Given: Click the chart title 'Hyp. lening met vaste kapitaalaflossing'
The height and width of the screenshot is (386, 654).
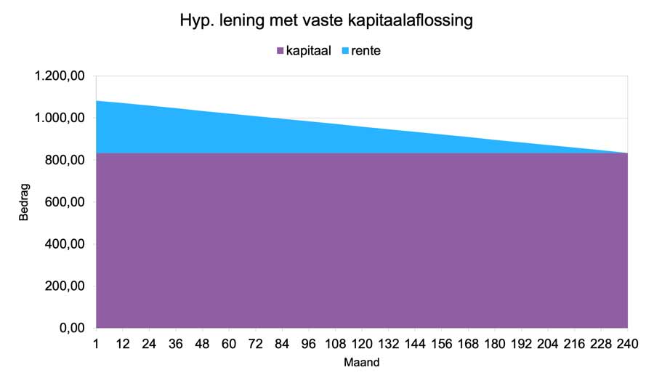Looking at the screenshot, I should click(326, 21).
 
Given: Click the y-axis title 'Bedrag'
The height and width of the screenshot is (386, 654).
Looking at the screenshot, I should click(23, 203).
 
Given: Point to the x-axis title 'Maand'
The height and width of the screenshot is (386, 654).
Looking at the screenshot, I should click(361, 361).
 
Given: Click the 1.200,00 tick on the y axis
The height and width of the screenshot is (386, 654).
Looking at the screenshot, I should click(60, 76).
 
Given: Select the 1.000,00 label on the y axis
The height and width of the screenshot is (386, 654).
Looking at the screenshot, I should click(60, 118).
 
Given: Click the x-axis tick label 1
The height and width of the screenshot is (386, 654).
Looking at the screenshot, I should click(96, 344).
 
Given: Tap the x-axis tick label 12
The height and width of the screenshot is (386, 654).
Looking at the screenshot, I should click(123, 344).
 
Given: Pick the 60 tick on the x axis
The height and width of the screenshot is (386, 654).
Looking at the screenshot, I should click(229, 344).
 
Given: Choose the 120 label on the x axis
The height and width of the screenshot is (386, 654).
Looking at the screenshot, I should click(362, 344).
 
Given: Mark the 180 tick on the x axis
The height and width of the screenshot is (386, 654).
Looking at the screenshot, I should click(496, 344).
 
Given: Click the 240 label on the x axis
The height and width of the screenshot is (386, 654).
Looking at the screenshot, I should click(628, 344).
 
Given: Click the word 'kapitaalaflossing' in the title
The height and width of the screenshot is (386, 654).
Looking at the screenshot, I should click(408, 21).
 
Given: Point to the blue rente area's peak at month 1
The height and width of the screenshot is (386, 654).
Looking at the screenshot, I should click(97, 102).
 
